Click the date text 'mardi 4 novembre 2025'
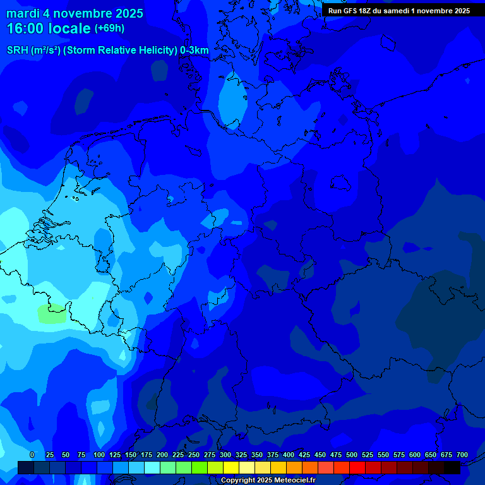point(75,13)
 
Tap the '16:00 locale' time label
point(49,29)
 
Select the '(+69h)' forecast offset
point(109,28)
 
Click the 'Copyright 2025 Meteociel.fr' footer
point(268,481)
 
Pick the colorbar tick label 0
point(32,455)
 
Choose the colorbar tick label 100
point(99,455)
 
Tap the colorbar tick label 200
point(162,455)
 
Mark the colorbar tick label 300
point(225,455)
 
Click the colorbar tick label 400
point(289,455)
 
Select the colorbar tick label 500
point(352,455)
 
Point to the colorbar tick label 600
point(415,455)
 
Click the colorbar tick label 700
point(462,455)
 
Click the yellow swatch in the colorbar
point(231,468)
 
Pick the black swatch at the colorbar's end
point(452,468)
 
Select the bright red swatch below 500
point(357,468)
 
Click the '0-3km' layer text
point(195,50)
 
